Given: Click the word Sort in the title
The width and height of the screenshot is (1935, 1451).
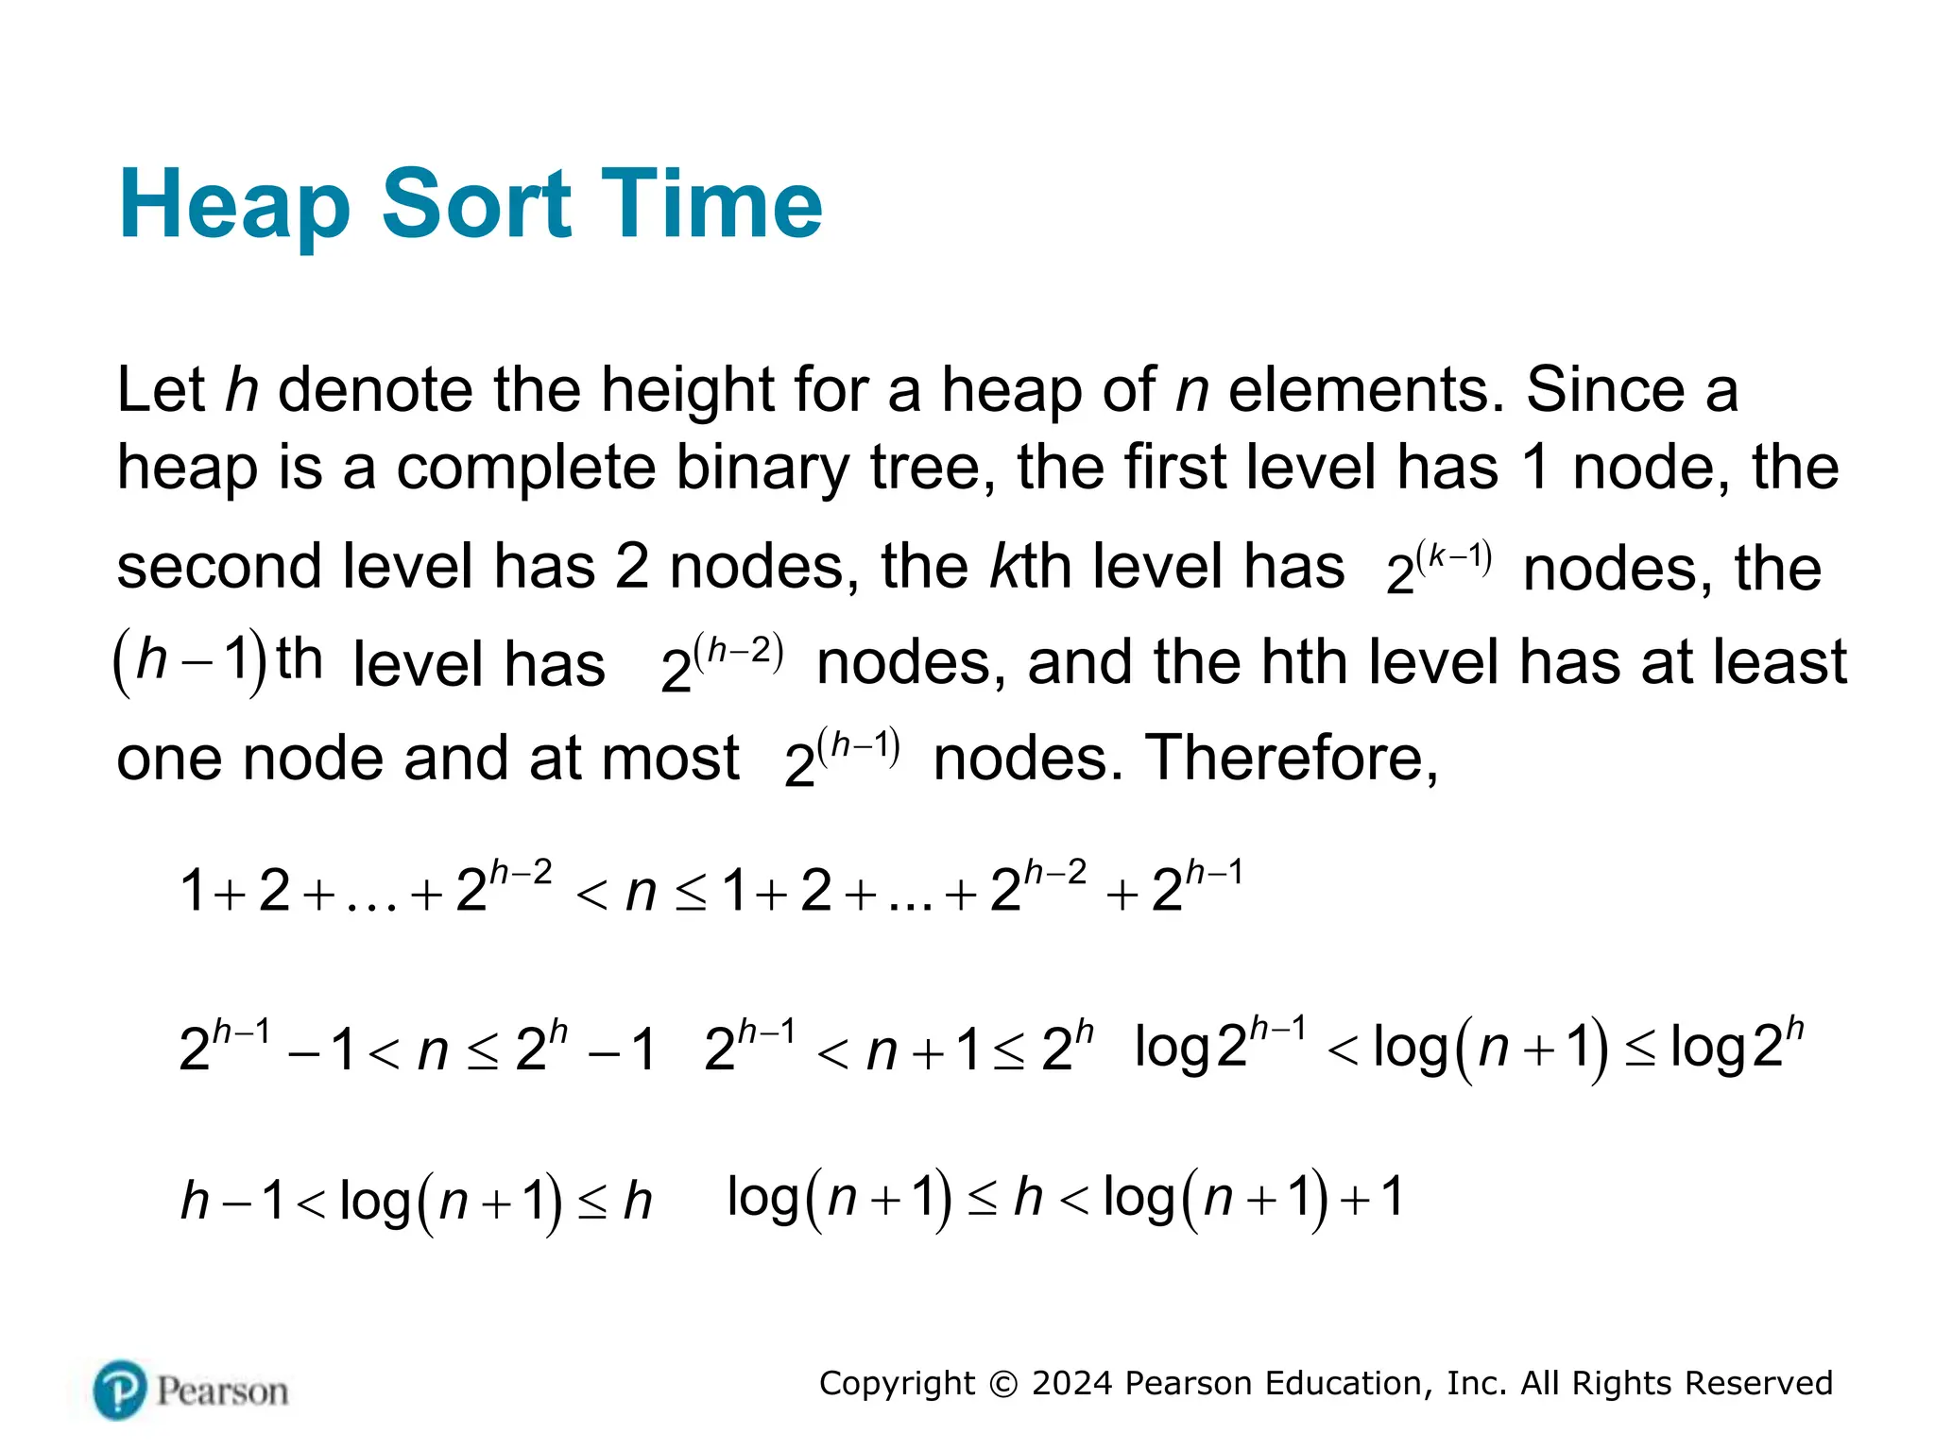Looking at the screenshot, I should coord(476,204).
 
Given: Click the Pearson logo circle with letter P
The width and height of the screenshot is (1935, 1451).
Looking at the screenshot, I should coord(120,1390).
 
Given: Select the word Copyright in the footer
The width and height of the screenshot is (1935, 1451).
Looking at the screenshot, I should coord(897,1383).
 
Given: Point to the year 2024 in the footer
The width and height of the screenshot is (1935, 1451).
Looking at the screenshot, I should coord(1071,1383).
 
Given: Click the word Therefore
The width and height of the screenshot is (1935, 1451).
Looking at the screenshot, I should coord(1292,758).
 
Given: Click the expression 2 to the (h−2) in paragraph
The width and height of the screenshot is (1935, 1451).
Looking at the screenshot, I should coord(721,663).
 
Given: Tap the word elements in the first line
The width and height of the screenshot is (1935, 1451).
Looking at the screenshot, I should coord(1364,389).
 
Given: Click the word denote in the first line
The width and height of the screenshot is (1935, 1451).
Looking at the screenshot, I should coord(375,389).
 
